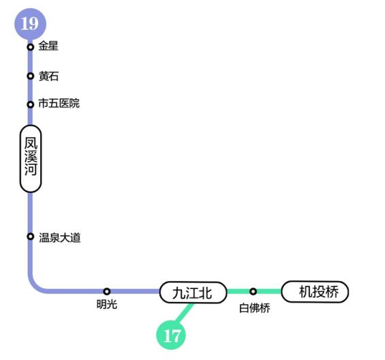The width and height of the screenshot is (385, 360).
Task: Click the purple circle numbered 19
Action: pyautogui.click(x=30, y=24)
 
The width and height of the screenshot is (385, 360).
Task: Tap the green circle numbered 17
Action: pyautogui.click(x=171, y=335)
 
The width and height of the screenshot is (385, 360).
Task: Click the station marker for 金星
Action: pyautogui.click(x=30, y=46)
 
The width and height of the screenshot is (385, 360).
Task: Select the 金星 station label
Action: pyautogui.click(x=48, y=46)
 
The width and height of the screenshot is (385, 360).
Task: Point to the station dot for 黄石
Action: pyautogui.click(x=30, y=76)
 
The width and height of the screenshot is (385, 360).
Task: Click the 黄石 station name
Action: pyautogui.click(x=48, y=76)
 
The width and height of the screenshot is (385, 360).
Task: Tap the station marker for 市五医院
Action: pyautogui.click(x=30, y=105)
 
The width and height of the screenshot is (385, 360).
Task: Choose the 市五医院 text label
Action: pyautogui.click(x=59, y=103)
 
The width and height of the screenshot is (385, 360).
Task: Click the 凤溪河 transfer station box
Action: pyautogui.click(x=31, y=159)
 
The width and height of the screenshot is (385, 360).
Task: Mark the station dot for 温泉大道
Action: pyautogui.click(x=30, y=237)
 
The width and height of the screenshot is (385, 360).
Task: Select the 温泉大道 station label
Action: pyautogui.click(x=60, y=238)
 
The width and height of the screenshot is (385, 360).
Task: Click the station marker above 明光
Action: pyautogui.click(x=106, y=291)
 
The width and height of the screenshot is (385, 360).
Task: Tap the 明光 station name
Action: pyautogui.click(x=107, y=305)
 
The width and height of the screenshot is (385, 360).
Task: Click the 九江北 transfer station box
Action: pyautogui.click(x=193, y=292)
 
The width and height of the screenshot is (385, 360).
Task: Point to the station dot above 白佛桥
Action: pyautogui.click(x=253, y=291)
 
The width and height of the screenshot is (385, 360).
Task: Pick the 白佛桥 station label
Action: pyautogui.click(x=255, y=308)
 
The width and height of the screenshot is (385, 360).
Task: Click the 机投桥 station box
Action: pyautogui.click(x=315, y=292)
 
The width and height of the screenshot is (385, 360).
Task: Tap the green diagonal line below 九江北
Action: pyautogui.click(x=184, y=313)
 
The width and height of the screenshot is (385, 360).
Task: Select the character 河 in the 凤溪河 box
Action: pyautogui.click(x=31, y=170)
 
